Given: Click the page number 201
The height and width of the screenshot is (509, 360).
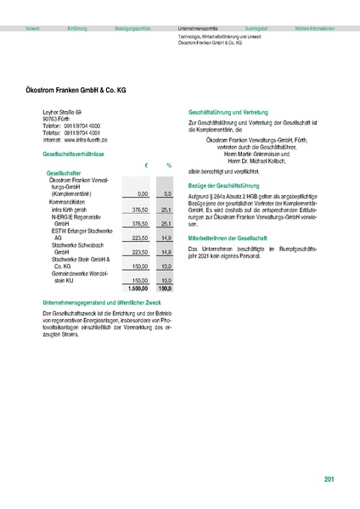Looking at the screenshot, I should click(329, 480).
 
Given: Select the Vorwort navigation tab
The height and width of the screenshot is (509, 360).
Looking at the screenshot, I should click(33, 29).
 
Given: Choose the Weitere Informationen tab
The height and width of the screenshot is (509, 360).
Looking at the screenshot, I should click(313, 29).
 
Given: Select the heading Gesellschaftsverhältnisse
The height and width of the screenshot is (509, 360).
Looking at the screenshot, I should click(73, 155).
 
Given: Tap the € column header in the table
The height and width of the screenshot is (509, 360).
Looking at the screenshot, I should click(147, 165).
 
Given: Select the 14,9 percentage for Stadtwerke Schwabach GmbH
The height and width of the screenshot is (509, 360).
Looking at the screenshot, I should click(166, 252).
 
